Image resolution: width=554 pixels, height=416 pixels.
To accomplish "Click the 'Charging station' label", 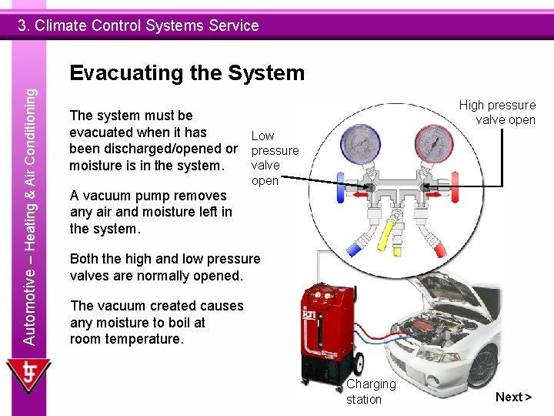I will tap(371, 391).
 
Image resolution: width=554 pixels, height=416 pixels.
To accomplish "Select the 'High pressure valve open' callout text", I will tap(498, 112).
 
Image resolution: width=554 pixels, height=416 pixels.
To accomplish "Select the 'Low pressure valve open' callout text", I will tap(275, 158).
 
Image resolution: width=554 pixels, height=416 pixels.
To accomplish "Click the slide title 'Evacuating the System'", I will tap(187, 73).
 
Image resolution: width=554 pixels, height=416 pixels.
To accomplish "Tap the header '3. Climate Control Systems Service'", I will tap(138, 25).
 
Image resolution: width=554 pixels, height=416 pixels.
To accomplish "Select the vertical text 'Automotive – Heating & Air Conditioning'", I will tap(29, 216).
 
